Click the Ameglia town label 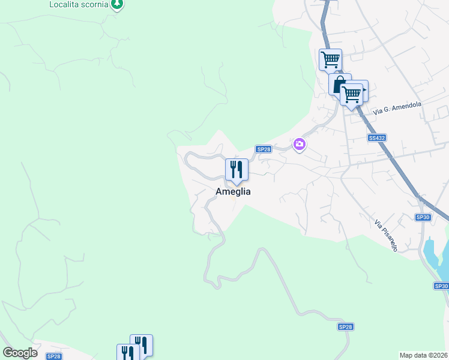click(x=234, y=191)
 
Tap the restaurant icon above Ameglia click(x=237, y=170)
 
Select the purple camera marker click(x=300, y=145)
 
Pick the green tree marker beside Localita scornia click(x=118, y=4)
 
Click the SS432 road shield click(x=376, y=138)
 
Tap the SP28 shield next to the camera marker click(x=263, y=149)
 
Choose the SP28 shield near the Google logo click(x=54, y=356)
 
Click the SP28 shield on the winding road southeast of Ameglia click(x=345, y=327)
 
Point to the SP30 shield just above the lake click(x=423, y=217)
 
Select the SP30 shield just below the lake click(x=441, y=286)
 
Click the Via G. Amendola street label click(x=397, y=108)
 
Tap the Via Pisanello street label click(x=386, y=235)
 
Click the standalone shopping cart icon click(x=330, y=59)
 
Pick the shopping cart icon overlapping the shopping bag click(x=352, y=93)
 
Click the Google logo click(x=20, y=353)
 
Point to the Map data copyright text click(x=424, y=355)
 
